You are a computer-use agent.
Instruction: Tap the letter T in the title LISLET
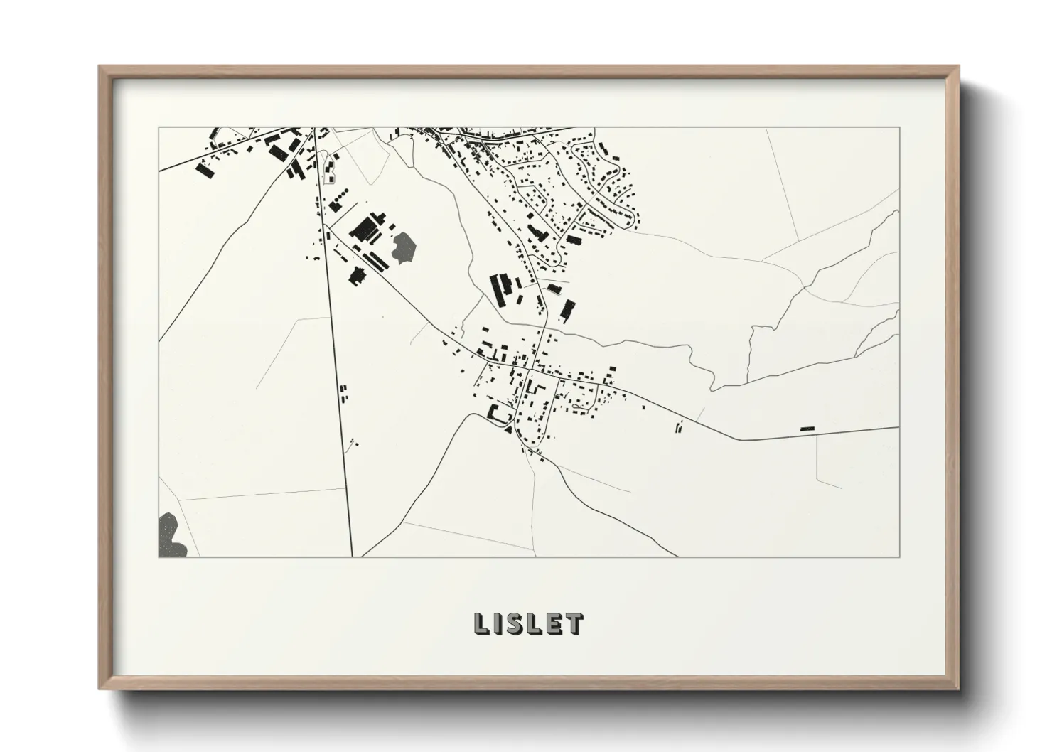pyautogui.click(x=575, y=624)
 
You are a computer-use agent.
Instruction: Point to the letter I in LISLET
pyautogui.click(x=499, y=624)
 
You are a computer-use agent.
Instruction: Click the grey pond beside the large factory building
pyautogui.click(x=403, y=246)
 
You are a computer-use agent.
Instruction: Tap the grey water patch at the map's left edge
pyautogui.click(x=170, y=536)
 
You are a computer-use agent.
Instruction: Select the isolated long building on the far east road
pyautogui.click(x=807, y=428)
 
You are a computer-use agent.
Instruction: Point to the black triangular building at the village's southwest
pyautogui.click(x=508, y=428)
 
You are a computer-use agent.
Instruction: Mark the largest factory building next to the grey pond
pyautogui.click(x=365, y=228)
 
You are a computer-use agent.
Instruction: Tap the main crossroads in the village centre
pyautogui.click(x=529, y=369)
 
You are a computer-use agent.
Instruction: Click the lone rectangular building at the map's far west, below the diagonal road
pyautogui.click(x=205, y=171)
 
